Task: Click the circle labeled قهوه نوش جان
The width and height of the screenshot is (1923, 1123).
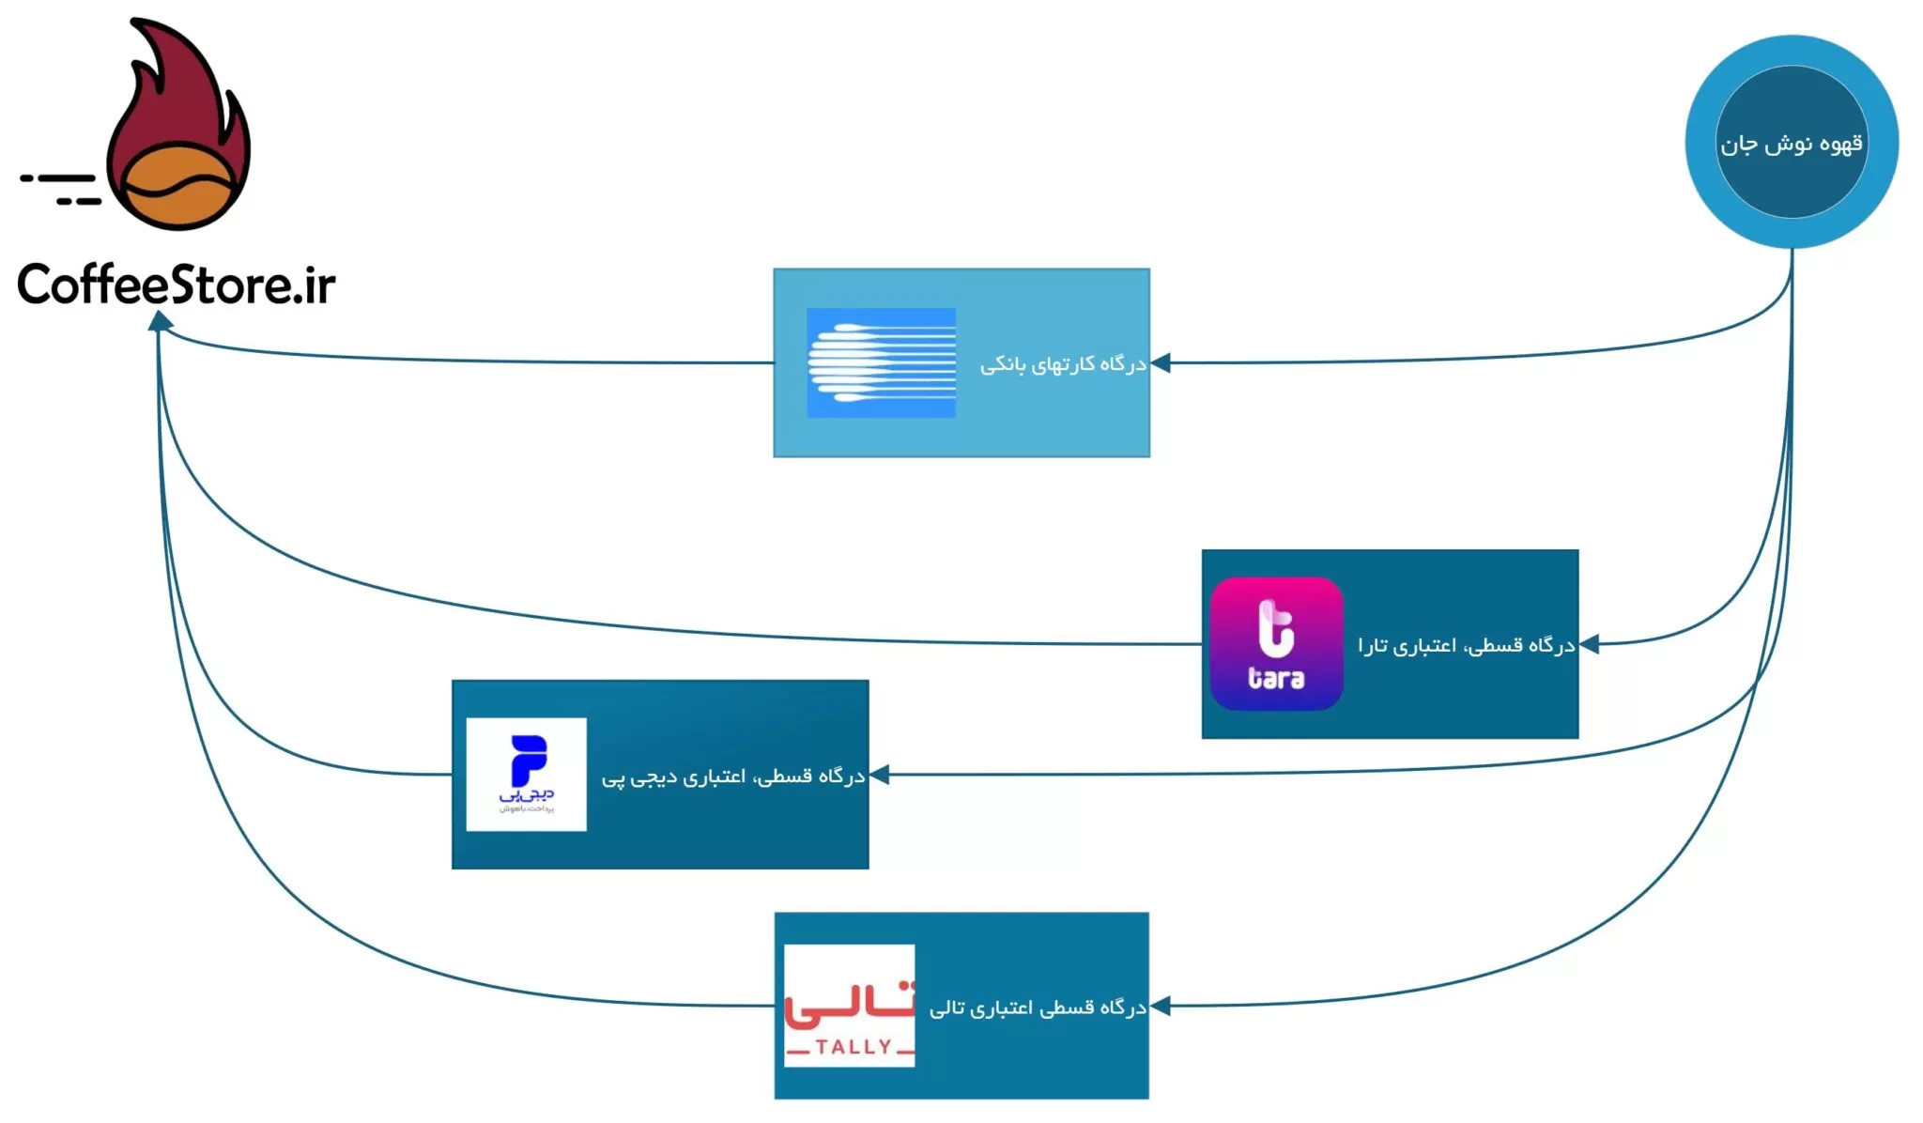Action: coord(1791,143)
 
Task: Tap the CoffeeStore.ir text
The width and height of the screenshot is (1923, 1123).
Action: coord(176,284)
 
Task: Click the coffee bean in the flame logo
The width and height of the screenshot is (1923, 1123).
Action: coord(178,186)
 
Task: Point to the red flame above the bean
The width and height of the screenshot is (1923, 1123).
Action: coord(178,94)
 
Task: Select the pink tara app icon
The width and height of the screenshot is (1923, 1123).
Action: coord(1276,643)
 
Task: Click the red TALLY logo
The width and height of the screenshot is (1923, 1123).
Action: coord(849,1005)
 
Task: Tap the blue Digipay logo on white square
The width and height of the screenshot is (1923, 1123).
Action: coord(527,774)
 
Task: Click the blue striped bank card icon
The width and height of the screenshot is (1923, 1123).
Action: coord(881,362)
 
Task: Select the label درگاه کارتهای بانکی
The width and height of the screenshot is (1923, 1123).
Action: coord(1063,364)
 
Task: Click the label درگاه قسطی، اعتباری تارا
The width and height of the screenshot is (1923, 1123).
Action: coord(1466,645)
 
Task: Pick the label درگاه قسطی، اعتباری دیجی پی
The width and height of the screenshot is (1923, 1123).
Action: coord(732,777)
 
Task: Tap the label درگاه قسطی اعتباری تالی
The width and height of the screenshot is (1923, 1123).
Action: coord(1038,1008)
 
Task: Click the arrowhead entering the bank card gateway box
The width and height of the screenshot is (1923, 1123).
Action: coord(1161,362)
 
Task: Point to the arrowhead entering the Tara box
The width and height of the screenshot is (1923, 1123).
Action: coord(1590,644)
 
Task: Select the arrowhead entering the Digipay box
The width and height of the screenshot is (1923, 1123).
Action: coord(880,775)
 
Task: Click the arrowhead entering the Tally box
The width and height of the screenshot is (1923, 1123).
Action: coord(1160,1006)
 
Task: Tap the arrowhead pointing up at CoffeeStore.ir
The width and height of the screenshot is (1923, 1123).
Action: coord(161,321)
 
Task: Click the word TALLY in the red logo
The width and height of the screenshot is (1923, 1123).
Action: coord(853,1047)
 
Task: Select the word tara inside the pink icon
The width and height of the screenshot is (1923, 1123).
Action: coord(1276,678)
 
